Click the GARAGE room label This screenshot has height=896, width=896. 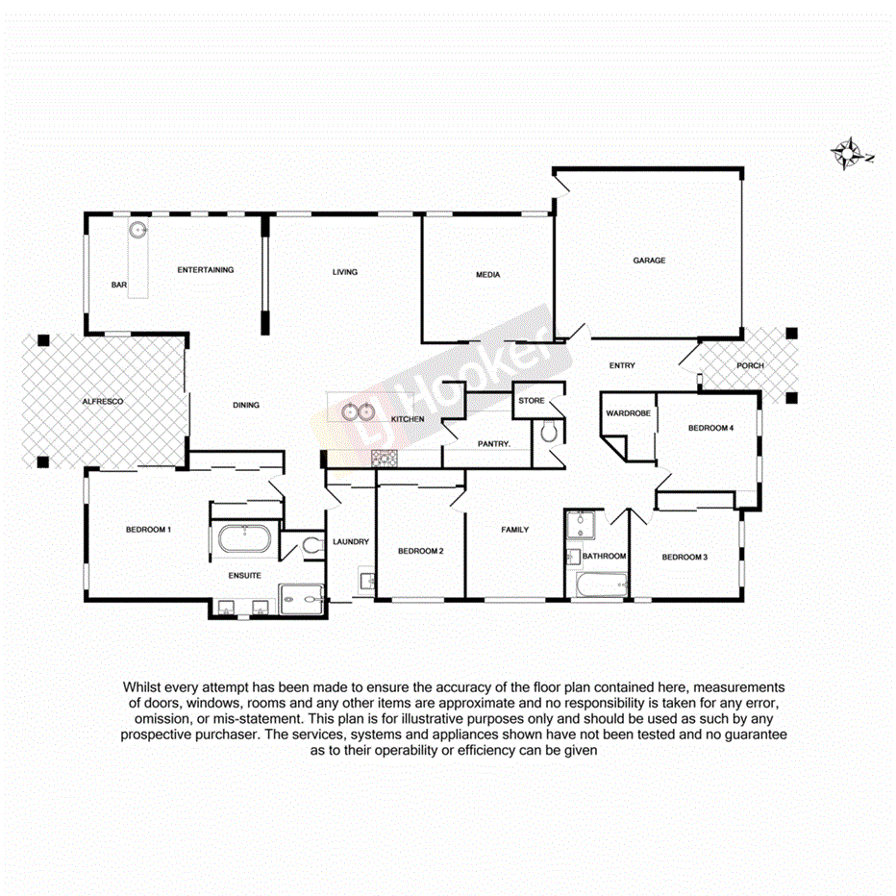pos(648,261)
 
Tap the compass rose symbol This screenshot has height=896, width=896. pos(849,154)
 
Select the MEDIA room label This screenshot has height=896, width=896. pos(487,275)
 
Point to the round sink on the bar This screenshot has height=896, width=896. pos(138,230)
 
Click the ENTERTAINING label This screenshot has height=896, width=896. pos(205,270)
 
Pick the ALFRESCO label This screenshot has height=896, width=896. pos(103,400)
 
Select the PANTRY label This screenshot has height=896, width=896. pos(493,443)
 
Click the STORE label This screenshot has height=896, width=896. pos(531,400)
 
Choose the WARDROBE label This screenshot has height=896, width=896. pos(628,413)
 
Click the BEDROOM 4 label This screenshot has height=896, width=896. pos(711,428)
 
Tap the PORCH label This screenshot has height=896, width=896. pos(750,366)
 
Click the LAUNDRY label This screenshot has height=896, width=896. pos(350,542)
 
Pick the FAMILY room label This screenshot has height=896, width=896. pos(514,530)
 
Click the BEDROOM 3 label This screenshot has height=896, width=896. pos(684,557)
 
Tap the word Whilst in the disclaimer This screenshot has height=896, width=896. pos(142,687)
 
